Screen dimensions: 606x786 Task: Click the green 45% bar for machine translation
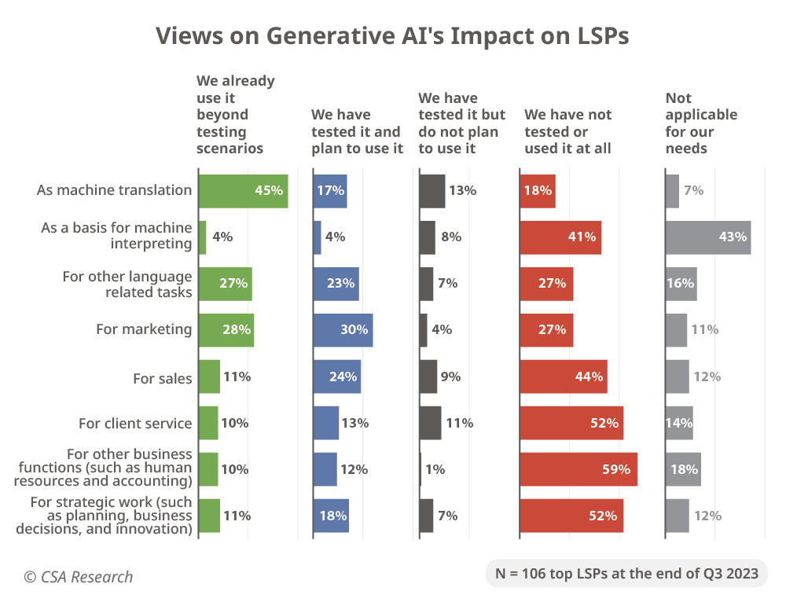coord(243,191)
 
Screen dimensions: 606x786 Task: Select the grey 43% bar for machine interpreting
coord(707,237)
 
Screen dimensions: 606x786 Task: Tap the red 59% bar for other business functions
coord(578,469)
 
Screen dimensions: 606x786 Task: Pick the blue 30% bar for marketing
coord(343,330)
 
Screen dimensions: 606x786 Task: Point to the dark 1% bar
coord(421,469)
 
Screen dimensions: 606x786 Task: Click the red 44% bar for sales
coord(563,377)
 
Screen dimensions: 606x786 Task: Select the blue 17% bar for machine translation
coord(330,191)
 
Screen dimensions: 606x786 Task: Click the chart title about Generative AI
coord(392,36)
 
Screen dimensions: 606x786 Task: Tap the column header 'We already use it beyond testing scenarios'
coord(235,115)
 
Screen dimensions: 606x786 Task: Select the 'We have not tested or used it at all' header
coord(568,131)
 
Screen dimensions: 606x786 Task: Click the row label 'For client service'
coord(135,424)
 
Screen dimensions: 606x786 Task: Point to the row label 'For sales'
coord(163,379)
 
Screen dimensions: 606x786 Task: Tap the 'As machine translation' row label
coord(114,190)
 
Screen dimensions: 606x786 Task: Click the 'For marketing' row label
coord(144,329)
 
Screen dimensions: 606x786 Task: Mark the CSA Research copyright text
coord(78,577)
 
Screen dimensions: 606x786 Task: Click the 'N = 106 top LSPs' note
coord(626,573)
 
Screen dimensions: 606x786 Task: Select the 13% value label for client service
coord(355,424)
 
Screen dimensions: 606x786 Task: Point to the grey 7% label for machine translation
coord(693,191)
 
